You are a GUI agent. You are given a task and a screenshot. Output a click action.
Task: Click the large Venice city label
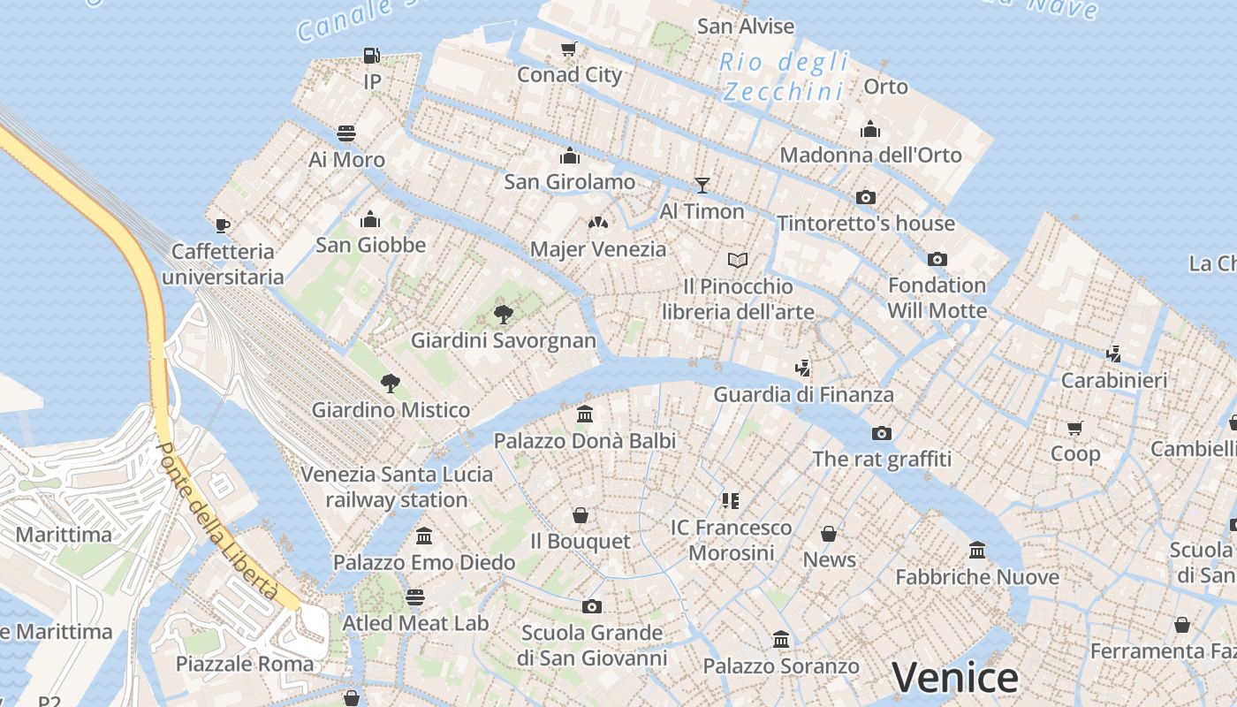click(x=954, y=678)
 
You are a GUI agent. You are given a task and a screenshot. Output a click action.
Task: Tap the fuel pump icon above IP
click(x=372, y=56)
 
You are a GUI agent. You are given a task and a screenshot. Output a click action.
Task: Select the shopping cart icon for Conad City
click(x=569, y=49)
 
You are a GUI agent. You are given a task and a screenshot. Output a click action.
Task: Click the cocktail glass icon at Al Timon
click(x=702, y=185)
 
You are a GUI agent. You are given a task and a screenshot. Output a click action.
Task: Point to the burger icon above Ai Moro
click(x=346, y=133)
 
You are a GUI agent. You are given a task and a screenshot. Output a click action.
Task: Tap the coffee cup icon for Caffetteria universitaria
click(x=223, y=225)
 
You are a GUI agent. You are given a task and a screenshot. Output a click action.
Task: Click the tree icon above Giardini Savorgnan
click(x=504, y=314)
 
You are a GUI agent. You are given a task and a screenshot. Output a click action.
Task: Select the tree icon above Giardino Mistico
click(x=391, y=384)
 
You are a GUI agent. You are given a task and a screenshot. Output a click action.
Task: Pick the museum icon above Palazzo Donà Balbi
click(x=584, y=414)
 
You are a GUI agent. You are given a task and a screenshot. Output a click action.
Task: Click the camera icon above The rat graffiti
click(x=881, y=433)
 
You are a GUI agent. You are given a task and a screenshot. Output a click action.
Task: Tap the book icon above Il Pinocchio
click(x=738, y=260)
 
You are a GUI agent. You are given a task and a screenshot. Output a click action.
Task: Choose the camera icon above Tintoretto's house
click(x=866, y=197)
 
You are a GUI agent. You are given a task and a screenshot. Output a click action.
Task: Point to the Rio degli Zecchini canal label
click(x=784, y=76)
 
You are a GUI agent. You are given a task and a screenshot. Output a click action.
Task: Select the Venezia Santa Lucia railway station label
click(x=397, y=487)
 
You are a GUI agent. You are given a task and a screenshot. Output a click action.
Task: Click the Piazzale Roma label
click(x=245, y=664)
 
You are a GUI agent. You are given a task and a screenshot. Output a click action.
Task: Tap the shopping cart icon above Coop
click(x=1075, y=428)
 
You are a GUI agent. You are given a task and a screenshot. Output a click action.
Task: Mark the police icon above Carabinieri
click(x=1114, y=354)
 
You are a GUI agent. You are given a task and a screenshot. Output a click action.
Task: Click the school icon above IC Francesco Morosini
click(x=730, y=501)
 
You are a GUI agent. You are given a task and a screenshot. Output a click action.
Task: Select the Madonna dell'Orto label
click(x=870, y=156)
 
